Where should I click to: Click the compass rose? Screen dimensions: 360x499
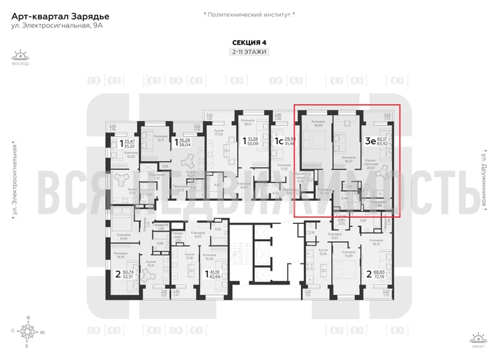[28, 332]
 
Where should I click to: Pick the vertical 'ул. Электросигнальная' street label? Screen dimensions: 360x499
[14, 180]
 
